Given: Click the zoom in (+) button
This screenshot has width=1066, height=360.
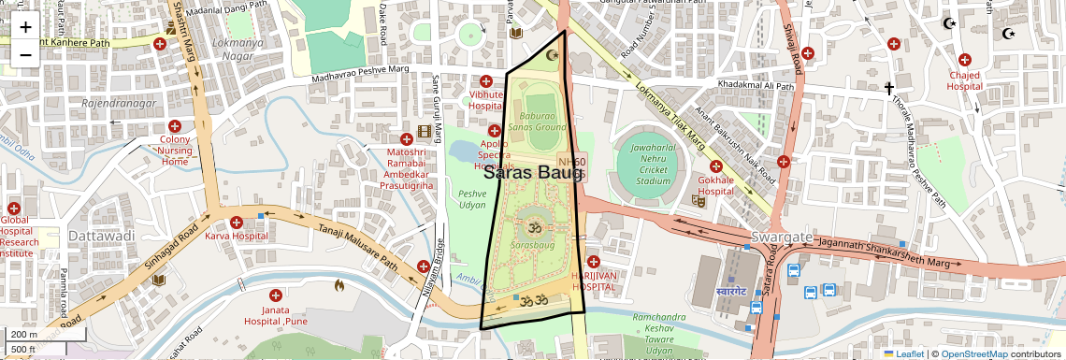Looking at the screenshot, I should tap(25, 28).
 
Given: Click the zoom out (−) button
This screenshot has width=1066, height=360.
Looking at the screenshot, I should tap(25, 54).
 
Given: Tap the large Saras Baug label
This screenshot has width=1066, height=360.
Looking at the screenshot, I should tap(533, 173).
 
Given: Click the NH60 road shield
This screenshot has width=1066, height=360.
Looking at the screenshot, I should tap(571, 162).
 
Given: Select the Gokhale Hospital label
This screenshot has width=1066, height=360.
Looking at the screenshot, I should tap(715, 185).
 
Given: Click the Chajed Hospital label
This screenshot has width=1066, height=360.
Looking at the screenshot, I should tap(964, 80).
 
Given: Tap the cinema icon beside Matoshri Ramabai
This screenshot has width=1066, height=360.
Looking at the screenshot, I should tap(425, 132).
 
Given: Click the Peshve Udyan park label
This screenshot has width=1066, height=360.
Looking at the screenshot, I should tap(472, 198).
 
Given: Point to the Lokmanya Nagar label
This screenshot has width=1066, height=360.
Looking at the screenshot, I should tap(232, 50).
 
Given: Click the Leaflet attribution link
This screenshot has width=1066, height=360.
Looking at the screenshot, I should tap(904, 353).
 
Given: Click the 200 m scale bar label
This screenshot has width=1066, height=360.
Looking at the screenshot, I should tap(23, 335).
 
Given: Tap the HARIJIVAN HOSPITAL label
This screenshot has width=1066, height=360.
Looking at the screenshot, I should tap(592, 281).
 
